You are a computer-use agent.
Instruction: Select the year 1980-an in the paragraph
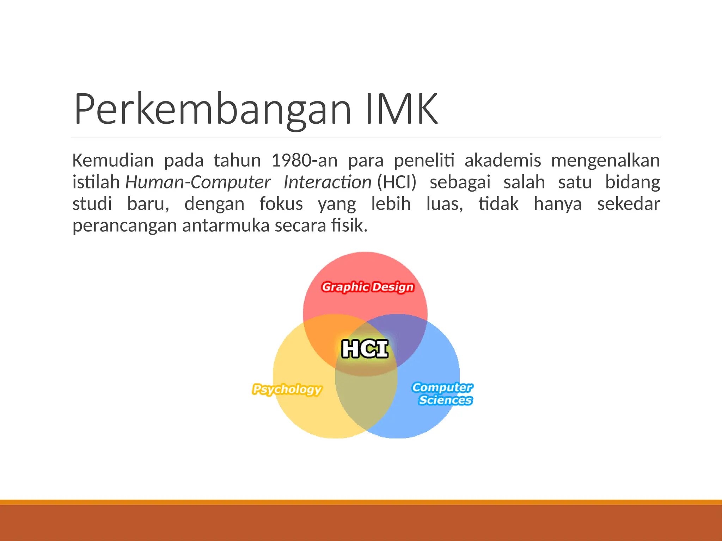pos(304,161)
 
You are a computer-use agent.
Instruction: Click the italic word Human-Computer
pos(198,182)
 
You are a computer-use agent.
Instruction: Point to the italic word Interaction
pos(327,182)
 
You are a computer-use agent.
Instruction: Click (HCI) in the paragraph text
pos(397,182)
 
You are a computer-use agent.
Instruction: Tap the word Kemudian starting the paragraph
pos(113,161)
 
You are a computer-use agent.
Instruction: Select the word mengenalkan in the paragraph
pos(605,161)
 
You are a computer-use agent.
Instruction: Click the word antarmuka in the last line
pos(226,225)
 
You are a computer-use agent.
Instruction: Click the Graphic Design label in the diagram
pos(368,287)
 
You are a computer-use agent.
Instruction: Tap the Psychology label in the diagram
pos(287,389)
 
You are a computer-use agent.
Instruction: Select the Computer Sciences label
pos(443,394)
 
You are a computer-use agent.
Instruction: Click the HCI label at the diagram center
pos(365,349)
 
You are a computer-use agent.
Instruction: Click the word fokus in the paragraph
pos(281,204)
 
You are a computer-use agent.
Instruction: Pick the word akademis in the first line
pos(502,161)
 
